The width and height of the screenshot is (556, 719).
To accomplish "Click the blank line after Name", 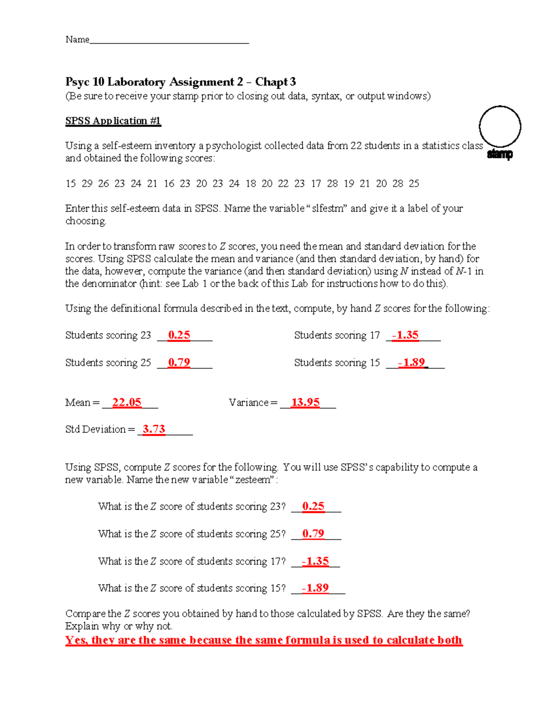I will click(x=169, y=41).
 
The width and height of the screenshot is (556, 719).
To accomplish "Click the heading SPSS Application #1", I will click(x=113, y=121).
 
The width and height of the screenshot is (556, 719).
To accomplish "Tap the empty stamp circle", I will click(x=499, y=126).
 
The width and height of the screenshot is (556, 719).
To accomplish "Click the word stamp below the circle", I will click(x=499, y=154).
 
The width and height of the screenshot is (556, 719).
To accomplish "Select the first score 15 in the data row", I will click(x=70, y=184).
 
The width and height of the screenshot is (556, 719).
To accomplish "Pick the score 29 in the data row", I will click(x=87, y=184).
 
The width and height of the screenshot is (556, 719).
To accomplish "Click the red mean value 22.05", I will click(x=126, y=402).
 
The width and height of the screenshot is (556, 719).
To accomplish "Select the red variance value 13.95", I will click(x=305, y=402).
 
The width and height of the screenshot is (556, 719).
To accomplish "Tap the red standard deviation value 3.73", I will click(x=154, y=429).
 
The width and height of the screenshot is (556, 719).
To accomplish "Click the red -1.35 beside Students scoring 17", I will click(x=405, y=335).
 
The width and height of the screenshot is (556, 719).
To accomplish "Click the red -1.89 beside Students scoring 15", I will click(x=411, y=363).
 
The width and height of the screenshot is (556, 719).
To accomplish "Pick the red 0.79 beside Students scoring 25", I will click(x=179, y=363).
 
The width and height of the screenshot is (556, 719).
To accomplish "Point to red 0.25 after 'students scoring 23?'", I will click(x=313, y=506).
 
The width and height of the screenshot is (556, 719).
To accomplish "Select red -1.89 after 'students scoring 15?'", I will click(x=316, y=588).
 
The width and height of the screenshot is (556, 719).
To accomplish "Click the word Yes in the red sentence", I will click(x=76, y=640).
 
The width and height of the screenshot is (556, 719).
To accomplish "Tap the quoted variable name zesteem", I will click(x=253, y=480).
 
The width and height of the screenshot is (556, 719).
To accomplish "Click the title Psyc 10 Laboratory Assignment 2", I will click(x=154, y=82).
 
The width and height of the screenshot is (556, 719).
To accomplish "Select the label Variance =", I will click(x=253, y=403).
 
